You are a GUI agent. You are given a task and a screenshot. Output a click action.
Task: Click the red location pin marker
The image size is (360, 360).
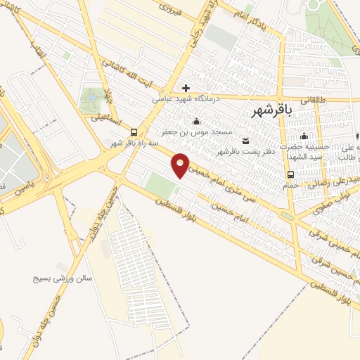[x=181, y=165]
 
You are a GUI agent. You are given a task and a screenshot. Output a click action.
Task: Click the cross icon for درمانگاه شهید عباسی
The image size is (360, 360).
[x=186, y=89]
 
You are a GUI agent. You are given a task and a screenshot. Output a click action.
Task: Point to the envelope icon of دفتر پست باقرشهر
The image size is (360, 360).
[x=245, y=141]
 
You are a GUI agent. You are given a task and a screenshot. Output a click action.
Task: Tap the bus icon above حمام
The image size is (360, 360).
[x=290, y=174]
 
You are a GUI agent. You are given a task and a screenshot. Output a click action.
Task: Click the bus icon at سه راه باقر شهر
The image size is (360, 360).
[x=134, y=132]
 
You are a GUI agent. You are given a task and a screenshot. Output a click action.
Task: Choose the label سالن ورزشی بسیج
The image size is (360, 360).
[x=61, y=278]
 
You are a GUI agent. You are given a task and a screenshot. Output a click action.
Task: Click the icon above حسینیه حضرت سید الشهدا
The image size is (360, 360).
[x=304, y=136]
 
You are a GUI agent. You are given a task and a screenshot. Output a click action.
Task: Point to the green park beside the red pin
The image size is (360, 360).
[x=161, y=186]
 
